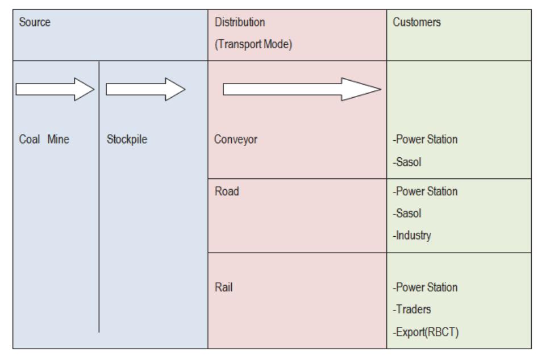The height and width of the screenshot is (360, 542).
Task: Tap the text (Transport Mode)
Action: pyautogui.click(x=254, y=43)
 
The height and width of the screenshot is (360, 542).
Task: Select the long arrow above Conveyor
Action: pyautogui.click(x=301, y=89)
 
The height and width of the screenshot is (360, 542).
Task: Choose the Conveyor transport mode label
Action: pyautogui.click(x=237, y=139)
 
